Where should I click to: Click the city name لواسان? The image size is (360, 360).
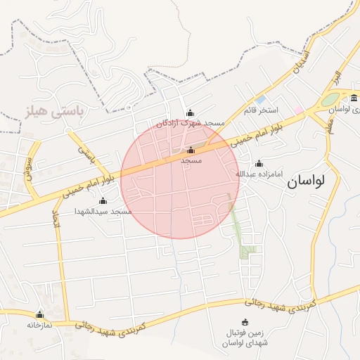[x=306, y=181]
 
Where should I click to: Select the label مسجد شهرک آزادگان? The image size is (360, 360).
[x=193, y=123]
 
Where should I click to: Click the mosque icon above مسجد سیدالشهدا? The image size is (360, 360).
[x=103, y=201]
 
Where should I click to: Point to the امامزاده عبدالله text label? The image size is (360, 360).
[x=258, y=173]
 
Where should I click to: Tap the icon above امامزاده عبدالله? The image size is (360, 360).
[x=259, y=163]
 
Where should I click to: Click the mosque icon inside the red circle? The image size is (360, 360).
[x=191, y=150]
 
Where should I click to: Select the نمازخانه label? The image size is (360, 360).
[x=40, y=325]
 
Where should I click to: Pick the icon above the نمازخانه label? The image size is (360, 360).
[x=39, y=314]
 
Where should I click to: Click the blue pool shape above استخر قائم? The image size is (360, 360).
[x=260, y=100]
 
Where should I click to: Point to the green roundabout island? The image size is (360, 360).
[x=330, y=100]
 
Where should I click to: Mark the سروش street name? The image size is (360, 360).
[x=30, y=169]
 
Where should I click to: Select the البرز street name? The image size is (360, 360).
[x=337, y=77]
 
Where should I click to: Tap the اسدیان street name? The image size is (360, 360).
[x=300, y=60]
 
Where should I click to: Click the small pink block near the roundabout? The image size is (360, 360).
[x=299, y=110]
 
